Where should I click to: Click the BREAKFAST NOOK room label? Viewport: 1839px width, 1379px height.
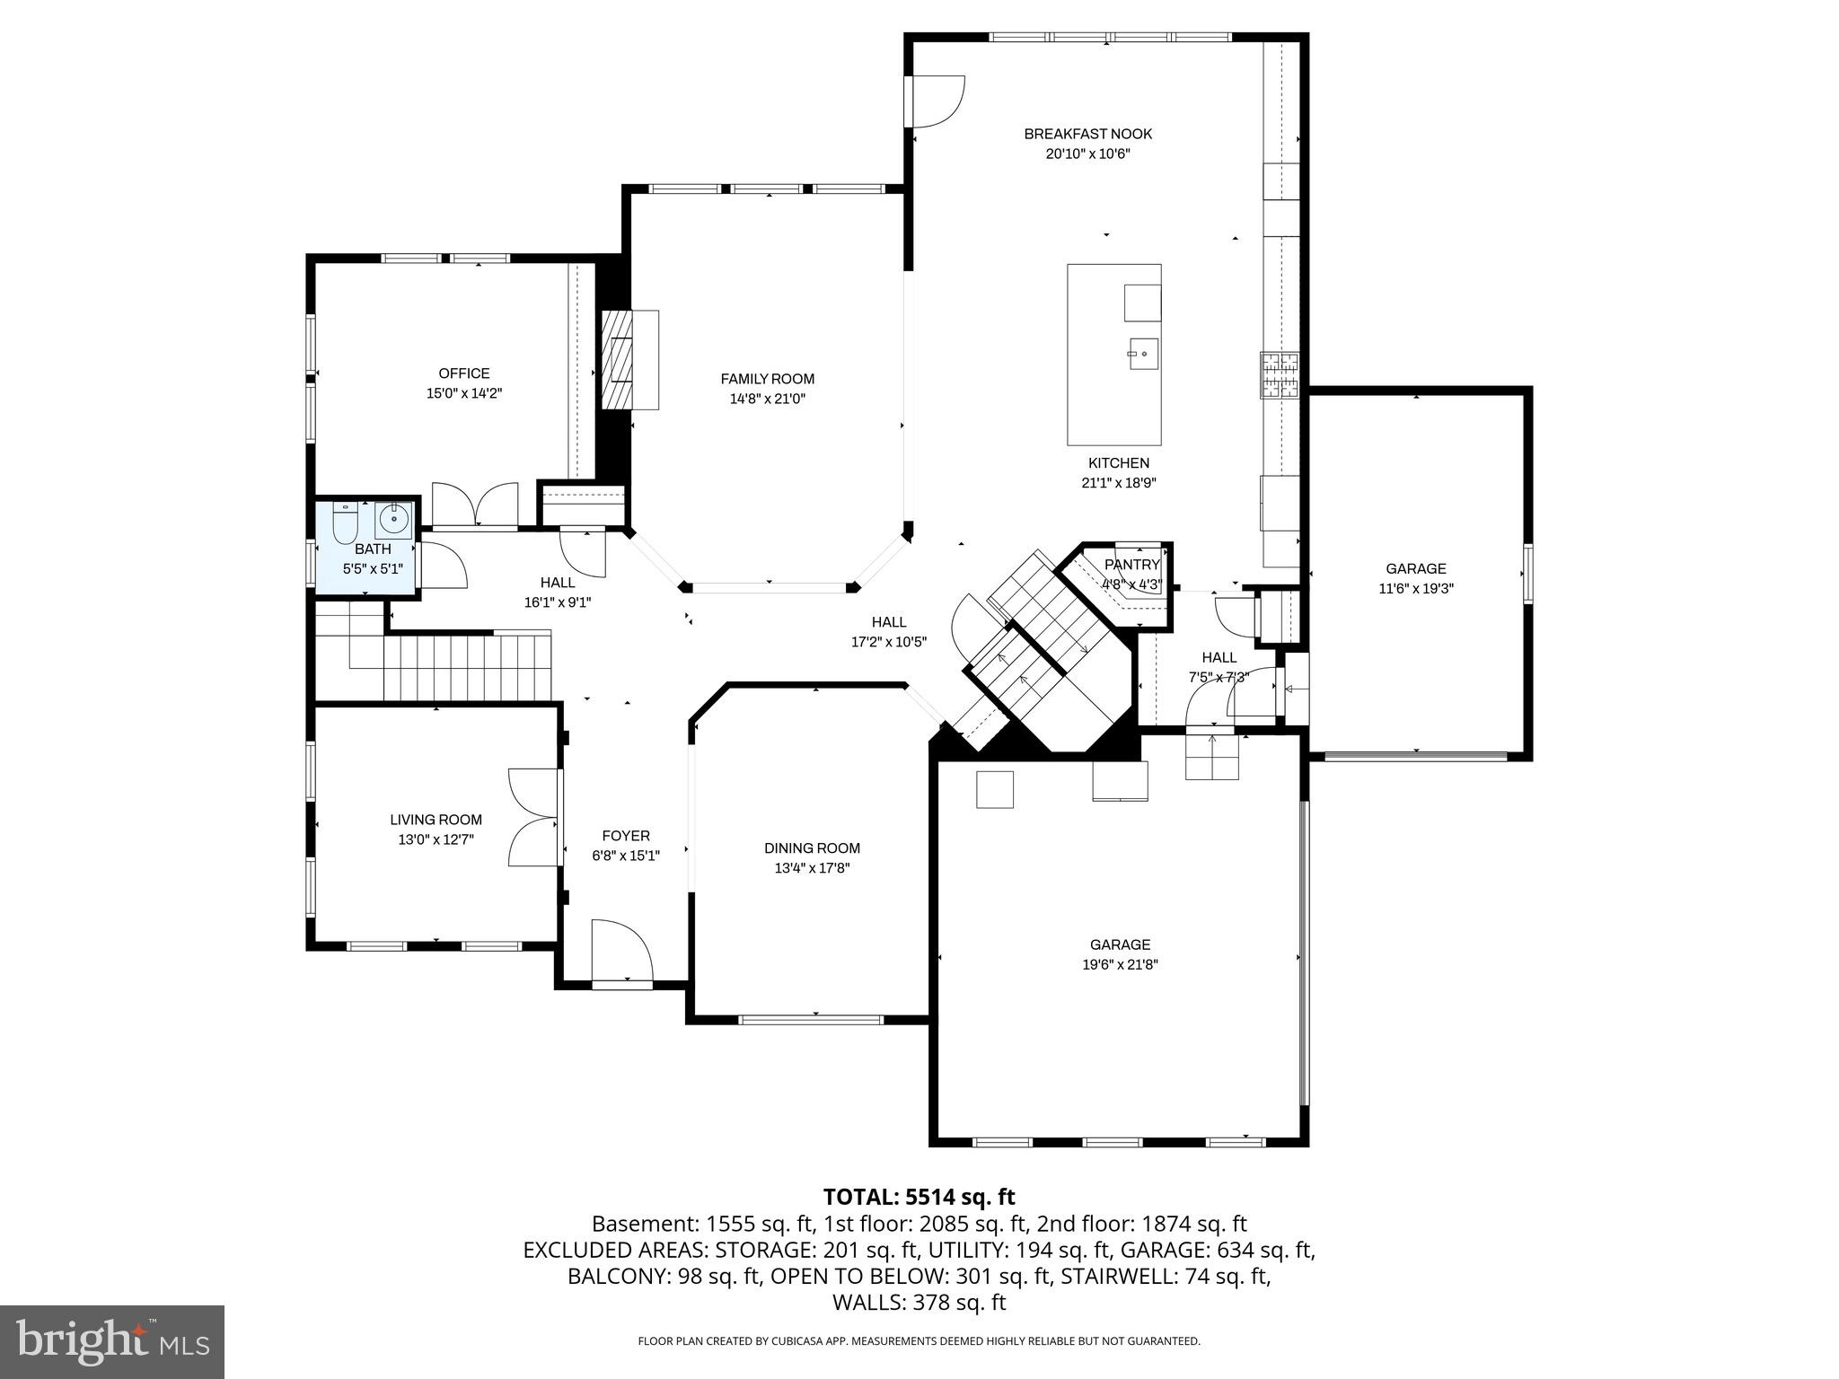click(x=1087, y=134)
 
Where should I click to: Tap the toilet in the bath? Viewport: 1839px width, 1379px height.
click(x=345, y=523)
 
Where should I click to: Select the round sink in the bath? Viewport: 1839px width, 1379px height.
click(x=393, y=520)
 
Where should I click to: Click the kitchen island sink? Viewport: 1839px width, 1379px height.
click(x=1143, y=353)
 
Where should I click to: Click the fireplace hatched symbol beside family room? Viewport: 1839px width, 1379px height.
click(x=618, y=360)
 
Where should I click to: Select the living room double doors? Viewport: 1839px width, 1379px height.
click(x=533, y=817)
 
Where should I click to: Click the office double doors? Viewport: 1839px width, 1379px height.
click(x=475, y=505)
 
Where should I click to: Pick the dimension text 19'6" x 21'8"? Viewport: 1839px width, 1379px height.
click(x=1120, y=964)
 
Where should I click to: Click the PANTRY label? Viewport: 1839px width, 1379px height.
click(x=1131, y=565)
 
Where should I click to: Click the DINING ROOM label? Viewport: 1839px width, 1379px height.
click(x=812, y=848)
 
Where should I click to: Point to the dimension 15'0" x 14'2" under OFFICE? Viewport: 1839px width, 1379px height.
click(x=463, y=393)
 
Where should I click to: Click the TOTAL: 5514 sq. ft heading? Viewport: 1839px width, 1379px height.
click(x=919, y=1197)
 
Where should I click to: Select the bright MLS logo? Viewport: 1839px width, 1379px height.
click(x=112, y=1341)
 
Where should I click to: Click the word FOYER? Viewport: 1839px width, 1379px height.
click(x=626, y=836)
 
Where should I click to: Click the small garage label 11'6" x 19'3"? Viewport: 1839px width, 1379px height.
click(x=1415, y=589)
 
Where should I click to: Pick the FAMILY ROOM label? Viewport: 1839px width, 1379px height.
click(x=767, y=379)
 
